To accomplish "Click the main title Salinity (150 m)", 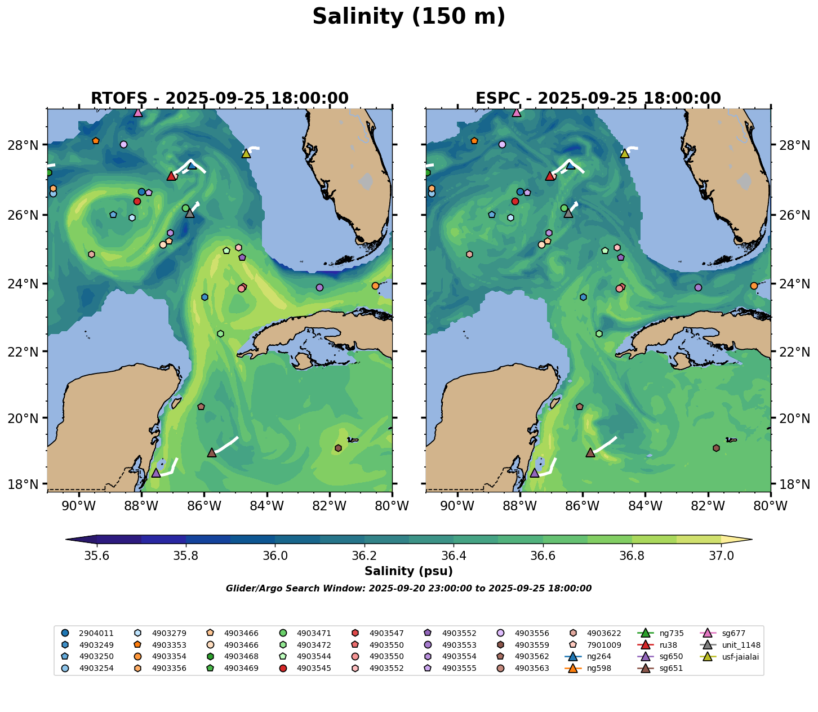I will pos(408,17).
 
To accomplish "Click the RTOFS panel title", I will pos(220,99).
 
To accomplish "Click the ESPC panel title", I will pos(598,99).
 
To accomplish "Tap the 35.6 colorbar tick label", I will pos(97,556).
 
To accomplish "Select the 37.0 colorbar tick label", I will pos(721,556).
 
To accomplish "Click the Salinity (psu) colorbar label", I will pos(408,571).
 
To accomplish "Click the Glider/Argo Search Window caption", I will pos(408,589).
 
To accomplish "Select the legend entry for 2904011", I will pos(88,633).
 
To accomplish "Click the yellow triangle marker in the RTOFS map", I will pos(246,153).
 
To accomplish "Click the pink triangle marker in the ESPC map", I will pos(517,112).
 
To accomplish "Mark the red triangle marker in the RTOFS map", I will pos(171,176).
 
